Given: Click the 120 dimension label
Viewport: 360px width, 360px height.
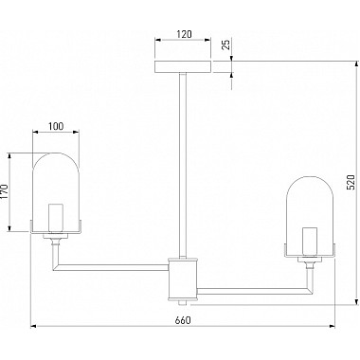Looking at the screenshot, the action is pos(184,34).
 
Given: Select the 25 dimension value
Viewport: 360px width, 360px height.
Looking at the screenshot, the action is pos(226,45).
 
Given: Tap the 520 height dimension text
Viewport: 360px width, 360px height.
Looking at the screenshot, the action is pos(351,182).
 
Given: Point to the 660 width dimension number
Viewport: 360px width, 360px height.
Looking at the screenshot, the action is pos(183,320).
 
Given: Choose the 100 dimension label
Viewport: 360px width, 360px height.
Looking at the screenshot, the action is pos(56,126).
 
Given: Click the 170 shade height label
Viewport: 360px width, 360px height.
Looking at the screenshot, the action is pos(5,191).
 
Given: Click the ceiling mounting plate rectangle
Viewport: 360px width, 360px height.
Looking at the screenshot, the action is pos(183,66).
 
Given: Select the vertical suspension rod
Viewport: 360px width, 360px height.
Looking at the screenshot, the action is pos(183,165).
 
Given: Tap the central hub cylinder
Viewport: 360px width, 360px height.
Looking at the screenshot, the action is pos(183,279).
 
